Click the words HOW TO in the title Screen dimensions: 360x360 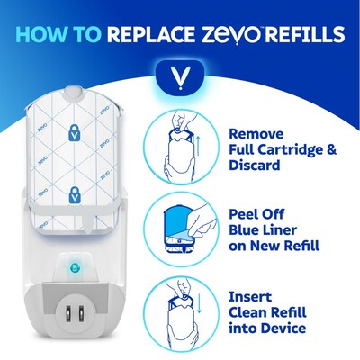click(x=58, y=36)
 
